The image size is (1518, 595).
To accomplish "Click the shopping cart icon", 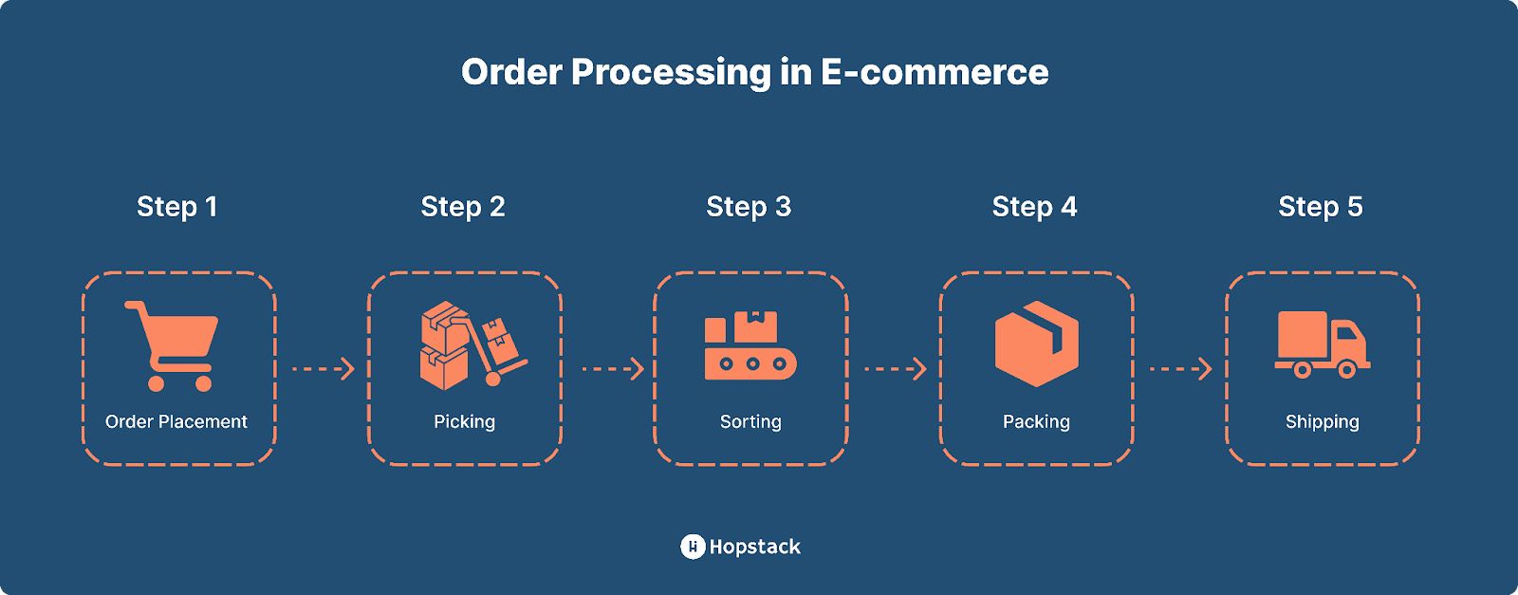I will click(x=173, y=345).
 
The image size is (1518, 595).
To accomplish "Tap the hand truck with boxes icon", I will click(x=472, y=345).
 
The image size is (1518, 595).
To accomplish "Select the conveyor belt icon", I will click(x=750, y=346).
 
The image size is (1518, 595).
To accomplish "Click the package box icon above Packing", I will click(x=1036, y=344).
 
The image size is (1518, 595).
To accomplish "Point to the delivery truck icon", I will click(x=1323, y=344).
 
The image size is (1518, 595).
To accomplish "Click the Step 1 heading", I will click(x=177, y=207).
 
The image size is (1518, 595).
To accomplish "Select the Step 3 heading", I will click(x=749, y=207).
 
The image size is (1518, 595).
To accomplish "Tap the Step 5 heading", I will click(x=1320, y=207).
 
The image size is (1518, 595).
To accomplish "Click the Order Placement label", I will click(x=176, y=421).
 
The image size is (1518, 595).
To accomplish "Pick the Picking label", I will click(x=464, y=421).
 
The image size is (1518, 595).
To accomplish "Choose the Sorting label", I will click(x=750, y=421).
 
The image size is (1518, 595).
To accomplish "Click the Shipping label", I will click(x=1322, y=421).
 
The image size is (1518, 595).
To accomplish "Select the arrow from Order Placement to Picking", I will click(x=323, y=368).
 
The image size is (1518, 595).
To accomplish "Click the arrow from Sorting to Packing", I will click(x=895, y=368).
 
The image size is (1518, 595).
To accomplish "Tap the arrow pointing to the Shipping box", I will click(x=1180, y=368).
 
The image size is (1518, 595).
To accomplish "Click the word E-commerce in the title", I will click(x=935, y=72).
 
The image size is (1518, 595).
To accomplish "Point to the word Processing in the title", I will click(x=671, y=72).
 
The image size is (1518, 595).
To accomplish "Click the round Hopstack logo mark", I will click(x=693, y=547).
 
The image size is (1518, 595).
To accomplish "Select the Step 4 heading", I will click(x=1034, y=207).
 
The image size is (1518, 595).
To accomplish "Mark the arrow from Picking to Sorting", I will click(x=612, y=368).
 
